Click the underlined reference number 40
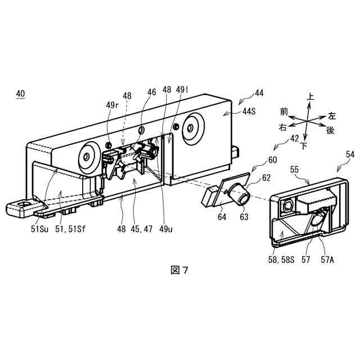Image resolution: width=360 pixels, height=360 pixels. click(20, 96)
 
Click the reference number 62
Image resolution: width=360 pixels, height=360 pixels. click(266, 178)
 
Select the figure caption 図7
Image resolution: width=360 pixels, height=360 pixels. click(179, 270)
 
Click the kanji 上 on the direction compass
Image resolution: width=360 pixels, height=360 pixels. click(310, 97)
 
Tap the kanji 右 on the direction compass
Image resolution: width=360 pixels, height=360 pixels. click(282, 128)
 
